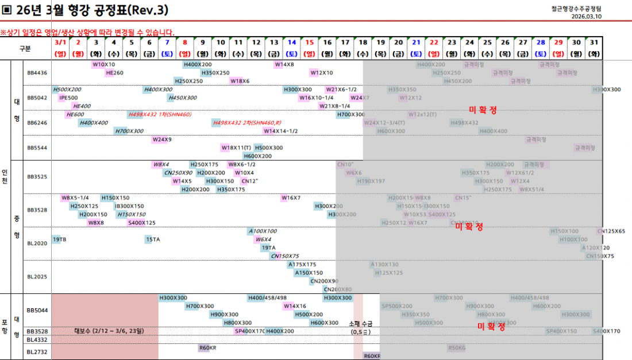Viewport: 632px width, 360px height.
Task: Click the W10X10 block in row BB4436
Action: pos(104,64)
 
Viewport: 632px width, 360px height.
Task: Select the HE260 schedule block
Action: pos(114,73)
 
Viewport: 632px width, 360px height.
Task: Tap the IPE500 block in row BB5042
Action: pos(68,98)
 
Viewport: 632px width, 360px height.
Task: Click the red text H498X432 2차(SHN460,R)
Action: pos(247,122)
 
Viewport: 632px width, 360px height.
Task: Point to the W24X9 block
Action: pos(161,140)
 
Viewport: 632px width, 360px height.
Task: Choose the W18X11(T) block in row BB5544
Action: pos(236,148)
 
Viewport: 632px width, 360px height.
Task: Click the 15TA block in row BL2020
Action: pos(152,239)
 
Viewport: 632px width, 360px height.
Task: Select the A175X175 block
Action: pos(302,265)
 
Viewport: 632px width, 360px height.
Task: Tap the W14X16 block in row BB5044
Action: pos(295,306)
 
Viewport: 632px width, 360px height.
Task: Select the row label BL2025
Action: pos(37,276)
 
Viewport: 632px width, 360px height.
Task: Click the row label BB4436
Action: pos(37,73)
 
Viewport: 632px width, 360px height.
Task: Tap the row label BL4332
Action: pos(37,340)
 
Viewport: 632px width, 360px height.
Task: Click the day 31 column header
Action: pos(594,42)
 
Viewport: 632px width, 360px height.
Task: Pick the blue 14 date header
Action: pos(292,42)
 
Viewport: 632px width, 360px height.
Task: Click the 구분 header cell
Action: pos(25,48)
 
